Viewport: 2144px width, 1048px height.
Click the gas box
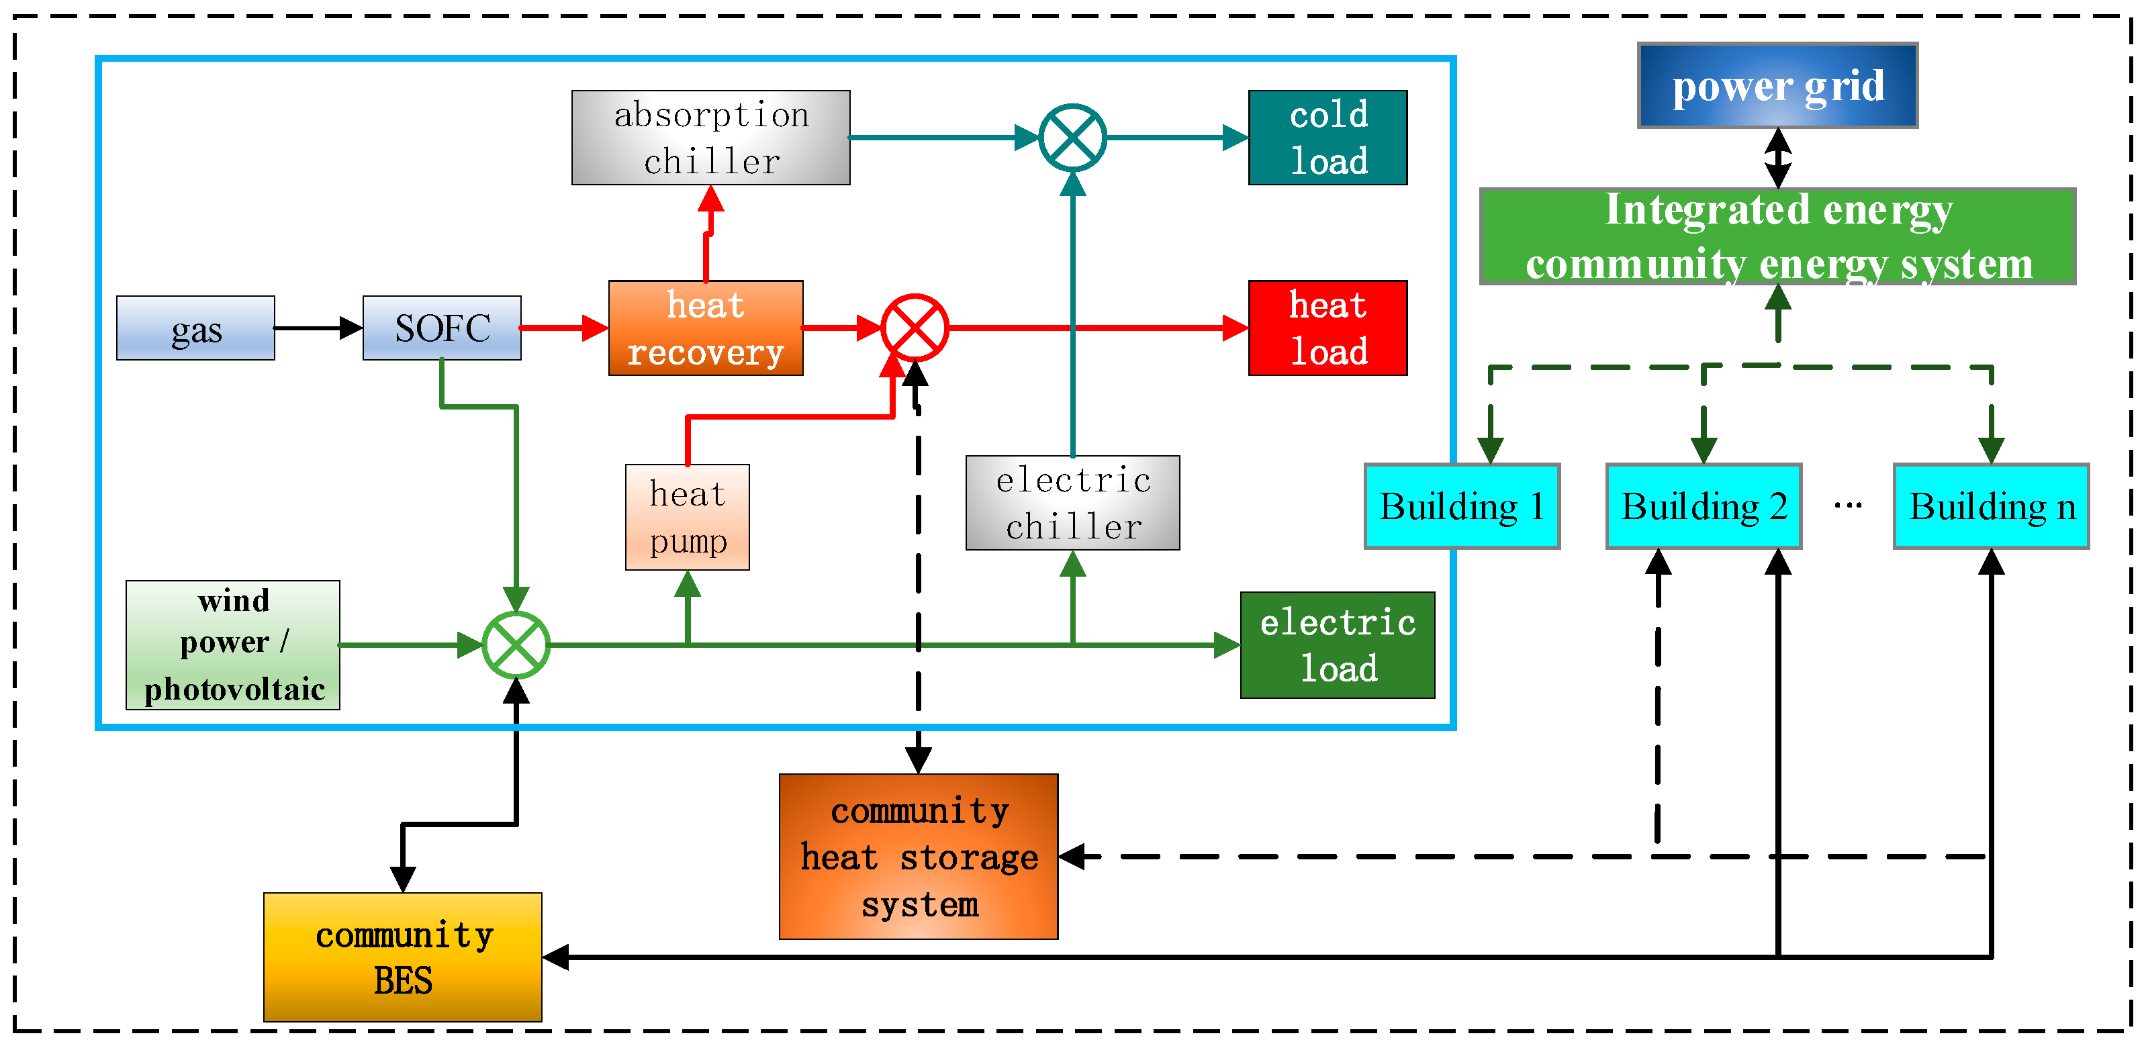click(195, 328)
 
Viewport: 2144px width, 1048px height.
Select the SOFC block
click(442, 328)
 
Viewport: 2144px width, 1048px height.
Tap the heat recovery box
click(706, 328)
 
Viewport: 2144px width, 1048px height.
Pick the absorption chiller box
click(711, 138)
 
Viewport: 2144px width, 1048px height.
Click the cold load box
click(1327, 138)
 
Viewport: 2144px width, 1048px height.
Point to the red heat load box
click(1327, 328)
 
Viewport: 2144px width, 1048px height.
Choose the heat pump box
click(688, 517)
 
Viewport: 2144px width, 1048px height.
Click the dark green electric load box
click(1337, 645)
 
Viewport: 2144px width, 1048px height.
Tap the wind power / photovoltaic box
click(233, 645)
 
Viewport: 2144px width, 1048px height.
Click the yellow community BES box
click(403, 957)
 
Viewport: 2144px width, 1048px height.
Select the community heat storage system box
click(918, 857)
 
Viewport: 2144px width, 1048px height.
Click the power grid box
click(1778, 86)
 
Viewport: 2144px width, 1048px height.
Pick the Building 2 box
click(1704, 506)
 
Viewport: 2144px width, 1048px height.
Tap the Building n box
click(1991, 506)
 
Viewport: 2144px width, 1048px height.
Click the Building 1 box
click(1462, 506)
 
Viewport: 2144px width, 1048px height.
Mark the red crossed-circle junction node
click(915, 328)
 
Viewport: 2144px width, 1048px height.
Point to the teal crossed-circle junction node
click(1073, 138)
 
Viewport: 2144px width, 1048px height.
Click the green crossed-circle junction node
click(516, 645)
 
